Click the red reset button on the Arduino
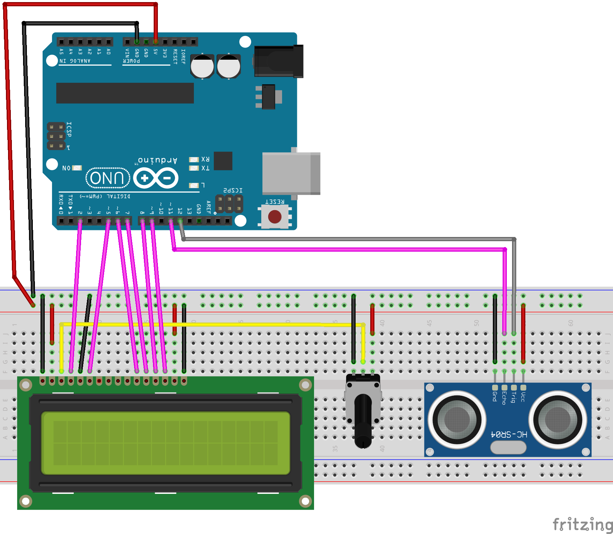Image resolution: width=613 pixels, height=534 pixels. (275, 217)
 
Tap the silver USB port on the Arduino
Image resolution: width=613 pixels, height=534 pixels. (291, 173)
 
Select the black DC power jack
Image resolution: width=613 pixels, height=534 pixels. (278, 61)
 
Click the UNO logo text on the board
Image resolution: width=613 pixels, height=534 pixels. (108, 178)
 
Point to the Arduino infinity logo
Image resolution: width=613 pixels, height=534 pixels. (156, 178)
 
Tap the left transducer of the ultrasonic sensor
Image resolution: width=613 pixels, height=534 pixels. (457, 419)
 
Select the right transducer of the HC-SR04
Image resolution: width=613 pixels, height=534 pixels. (558, 419)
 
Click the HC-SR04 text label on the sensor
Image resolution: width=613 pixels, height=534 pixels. (509, 435)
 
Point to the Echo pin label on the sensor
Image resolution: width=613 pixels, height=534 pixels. (504, 398)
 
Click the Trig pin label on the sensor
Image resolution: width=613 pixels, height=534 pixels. (513, 397)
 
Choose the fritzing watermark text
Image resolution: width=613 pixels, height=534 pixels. (582, 525)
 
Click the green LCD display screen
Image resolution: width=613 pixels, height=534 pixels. (166, 443)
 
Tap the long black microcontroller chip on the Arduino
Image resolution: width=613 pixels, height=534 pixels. (125, 93)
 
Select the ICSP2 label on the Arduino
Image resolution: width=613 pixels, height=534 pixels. (233, 190)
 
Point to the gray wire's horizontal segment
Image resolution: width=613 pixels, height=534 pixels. (349, 239)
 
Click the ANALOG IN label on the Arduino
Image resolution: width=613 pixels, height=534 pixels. (75, 61)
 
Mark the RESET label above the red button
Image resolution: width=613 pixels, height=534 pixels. (275, 202)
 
